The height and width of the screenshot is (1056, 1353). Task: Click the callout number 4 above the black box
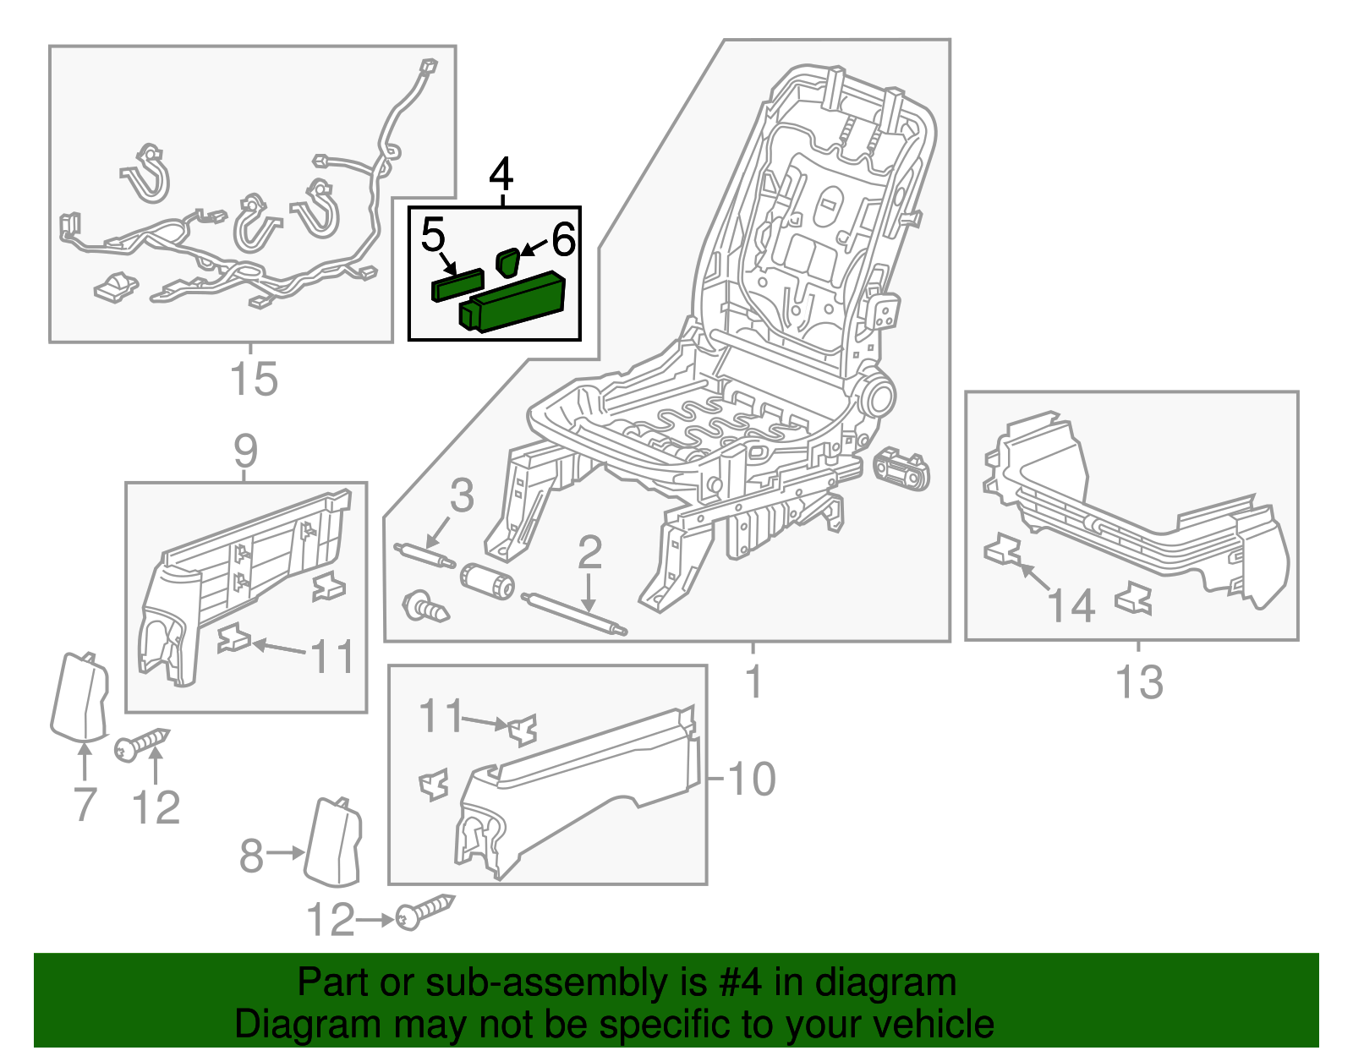coord(501,175)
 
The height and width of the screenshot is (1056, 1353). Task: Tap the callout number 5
coord(432,235)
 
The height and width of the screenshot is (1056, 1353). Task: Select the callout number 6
coord(563,239)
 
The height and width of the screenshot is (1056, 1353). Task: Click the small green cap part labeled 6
coord(507,261)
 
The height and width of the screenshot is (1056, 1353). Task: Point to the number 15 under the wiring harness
coord(253,379)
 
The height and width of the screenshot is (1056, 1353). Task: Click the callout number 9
coord(245,451)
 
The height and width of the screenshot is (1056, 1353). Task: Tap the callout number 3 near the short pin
coord(462,495)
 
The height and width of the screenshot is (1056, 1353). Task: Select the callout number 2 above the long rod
coord(589,552)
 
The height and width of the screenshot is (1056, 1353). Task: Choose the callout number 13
coord(1139,682)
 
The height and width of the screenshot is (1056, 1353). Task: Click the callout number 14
coord(1071,606)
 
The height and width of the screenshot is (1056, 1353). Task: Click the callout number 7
coord(85,804)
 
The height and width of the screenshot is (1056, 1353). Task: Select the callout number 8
coord(251,856)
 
